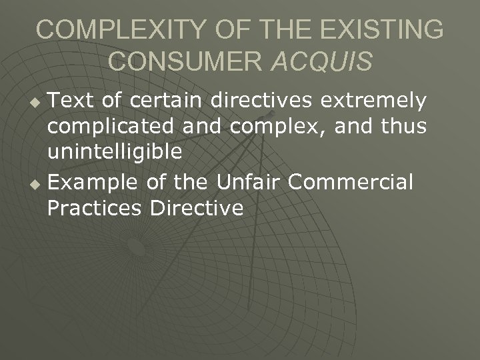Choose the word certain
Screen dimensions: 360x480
click(161, 101)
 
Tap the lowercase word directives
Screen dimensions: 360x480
click(264, 101)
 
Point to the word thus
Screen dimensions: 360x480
click(399, 127)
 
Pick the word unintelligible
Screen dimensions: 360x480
click(115, 152)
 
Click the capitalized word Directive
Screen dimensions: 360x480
click(197, 207)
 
